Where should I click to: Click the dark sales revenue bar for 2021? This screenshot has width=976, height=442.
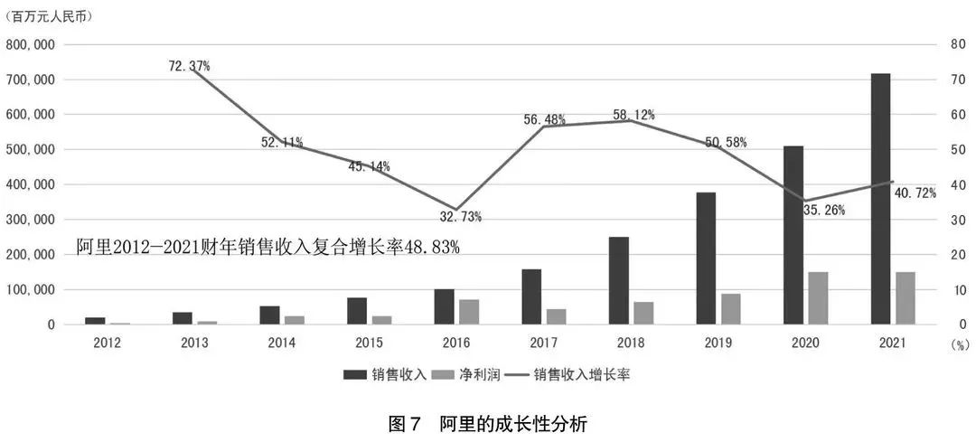(880, 199)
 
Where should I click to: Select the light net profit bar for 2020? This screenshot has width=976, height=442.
(817, 298)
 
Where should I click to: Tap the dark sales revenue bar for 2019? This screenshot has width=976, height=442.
(706, 259)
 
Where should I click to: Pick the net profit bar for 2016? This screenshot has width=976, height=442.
(468, 312)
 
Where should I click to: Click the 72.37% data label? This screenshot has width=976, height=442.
(189, 66)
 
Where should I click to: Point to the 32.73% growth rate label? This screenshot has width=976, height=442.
(461, 217)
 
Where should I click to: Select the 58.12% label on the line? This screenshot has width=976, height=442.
(634, 116)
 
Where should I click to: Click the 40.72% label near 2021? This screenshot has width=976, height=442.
(915, 193)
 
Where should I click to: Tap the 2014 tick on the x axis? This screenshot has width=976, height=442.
(281, 343)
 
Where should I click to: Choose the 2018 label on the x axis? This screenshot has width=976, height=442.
(630, 343)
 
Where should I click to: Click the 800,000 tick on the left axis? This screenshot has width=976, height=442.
(31, 44)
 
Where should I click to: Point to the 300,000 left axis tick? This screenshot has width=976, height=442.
(31, 220)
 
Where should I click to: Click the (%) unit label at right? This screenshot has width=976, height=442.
(954, 344)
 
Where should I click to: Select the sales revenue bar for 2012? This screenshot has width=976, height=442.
(96, 321)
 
